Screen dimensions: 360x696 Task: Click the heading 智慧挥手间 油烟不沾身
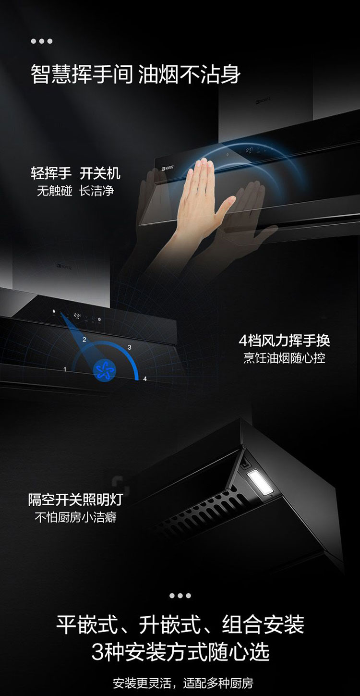point(135,74)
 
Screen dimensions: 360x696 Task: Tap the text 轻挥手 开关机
point(75,173)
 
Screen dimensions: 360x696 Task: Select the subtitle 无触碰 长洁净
point(75,191)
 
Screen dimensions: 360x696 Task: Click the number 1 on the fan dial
point(65,369)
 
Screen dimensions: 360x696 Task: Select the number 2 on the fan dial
point(84,340)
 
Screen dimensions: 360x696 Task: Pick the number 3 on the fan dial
point(130,347)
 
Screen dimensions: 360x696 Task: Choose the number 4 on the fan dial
point(145,379)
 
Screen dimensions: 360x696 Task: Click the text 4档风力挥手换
point(284,341)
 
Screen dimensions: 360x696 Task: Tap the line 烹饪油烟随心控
point(284,358)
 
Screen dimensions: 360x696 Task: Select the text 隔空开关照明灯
point(75,500)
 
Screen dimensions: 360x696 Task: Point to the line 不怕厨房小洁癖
point(75,517)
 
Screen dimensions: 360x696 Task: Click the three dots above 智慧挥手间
point(42,41)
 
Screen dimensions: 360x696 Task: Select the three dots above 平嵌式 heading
point(180,596)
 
